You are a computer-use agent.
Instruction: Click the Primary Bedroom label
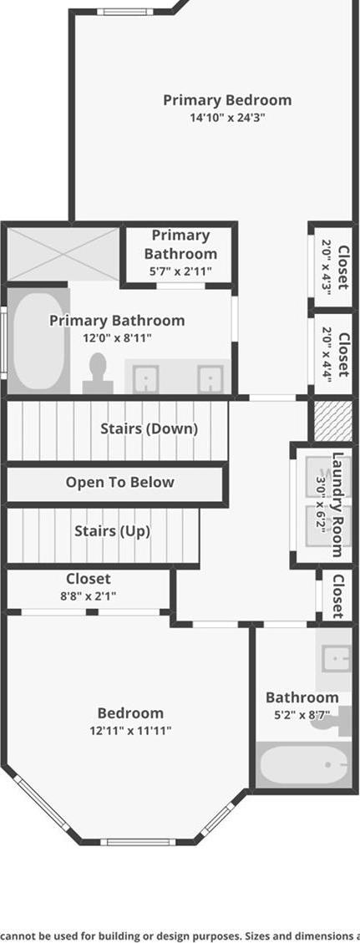coord(227,100)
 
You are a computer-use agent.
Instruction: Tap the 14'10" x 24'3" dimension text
coord(227,118)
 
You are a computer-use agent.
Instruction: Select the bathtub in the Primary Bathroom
coord(39,341)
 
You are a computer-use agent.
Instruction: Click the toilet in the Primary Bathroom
coord(98,373)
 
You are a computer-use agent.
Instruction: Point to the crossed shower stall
coord(63,255)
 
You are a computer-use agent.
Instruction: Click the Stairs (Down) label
coord(149,428)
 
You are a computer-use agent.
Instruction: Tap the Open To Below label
coord(120,482)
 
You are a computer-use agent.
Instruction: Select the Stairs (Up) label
coord(113,531)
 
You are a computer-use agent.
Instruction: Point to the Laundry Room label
coord(338,504)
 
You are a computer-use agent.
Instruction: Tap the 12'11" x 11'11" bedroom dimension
coord(130,732)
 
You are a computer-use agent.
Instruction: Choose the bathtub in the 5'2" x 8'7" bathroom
coord(303,764)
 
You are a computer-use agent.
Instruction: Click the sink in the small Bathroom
coord(335,658)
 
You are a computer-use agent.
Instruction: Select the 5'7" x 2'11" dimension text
coord(180,271)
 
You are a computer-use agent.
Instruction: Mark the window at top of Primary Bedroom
coord(125,12)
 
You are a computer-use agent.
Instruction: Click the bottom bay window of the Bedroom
coord(138,841)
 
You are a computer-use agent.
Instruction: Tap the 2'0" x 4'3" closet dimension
coord(327,266)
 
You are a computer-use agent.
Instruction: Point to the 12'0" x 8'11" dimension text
coord(117,338)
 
